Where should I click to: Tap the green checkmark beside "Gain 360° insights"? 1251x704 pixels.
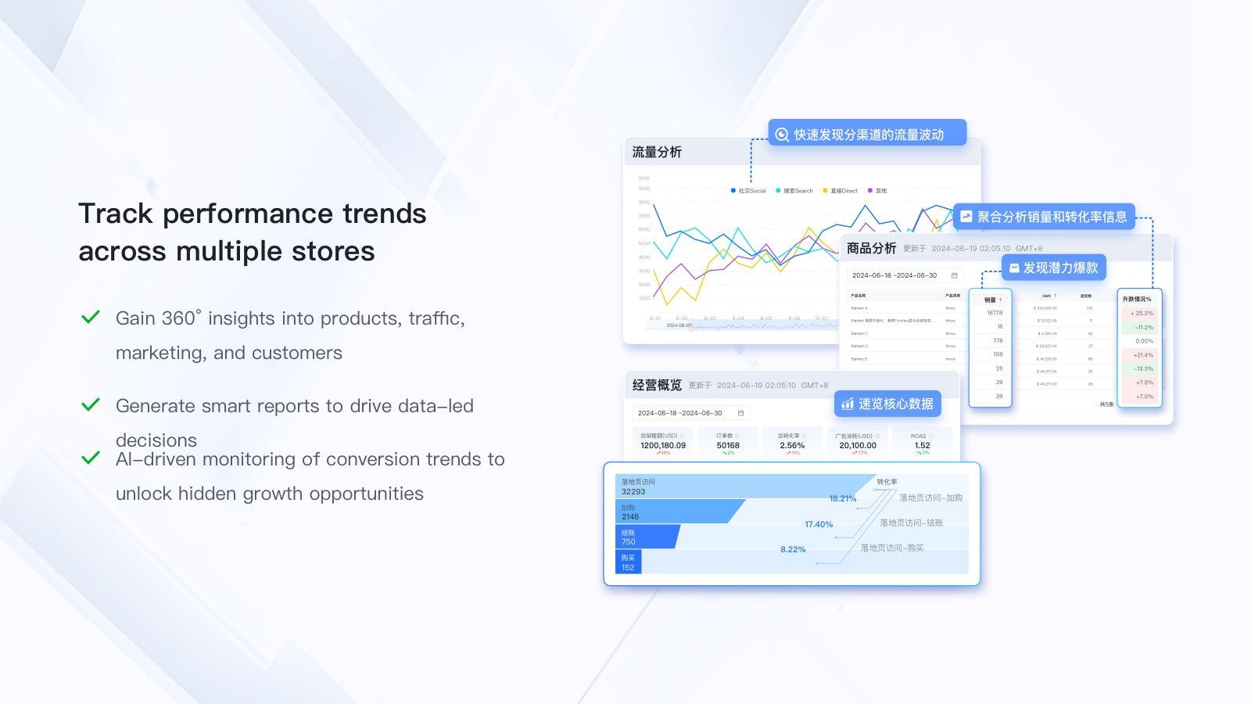91,317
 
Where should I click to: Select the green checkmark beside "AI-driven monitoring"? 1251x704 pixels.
91,458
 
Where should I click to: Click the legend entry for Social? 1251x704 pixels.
748,191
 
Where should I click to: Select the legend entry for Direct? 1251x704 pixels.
841,191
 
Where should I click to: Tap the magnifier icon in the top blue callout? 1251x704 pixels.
782,135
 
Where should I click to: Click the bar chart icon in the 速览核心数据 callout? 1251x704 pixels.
848,404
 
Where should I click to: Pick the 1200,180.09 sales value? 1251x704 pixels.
663,445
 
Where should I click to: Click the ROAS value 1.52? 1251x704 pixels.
923,445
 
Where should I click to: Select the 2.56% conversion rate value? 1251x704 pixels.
792,445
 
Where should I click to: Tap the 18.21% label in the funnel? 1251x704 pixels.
843,498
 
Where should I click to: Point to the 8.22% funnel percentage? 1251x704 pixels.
793,549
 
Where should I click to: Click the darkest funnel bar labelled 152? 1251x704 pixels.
629,562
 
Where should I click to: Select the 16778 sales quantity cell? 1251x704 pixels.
995,313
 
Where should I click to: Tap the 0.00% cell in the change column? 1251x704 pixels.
1144,341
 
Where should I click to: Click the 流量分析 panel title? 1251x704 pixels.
657,152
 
